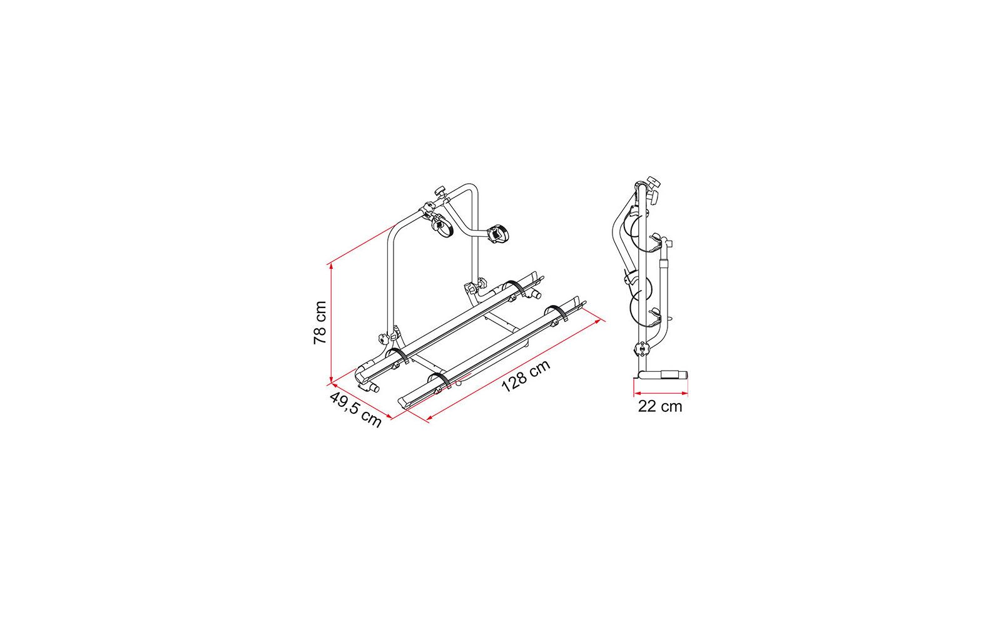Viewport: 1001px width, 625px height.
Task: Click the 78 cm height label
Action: pyautogui.click(x=320, y=322)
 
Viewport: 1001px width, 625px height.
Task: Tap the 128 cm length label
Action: pyautogui.click(x=526, y=376)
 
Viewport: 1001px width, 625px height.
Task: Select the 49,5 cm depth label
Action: pyautogui.click(x=356, y=410)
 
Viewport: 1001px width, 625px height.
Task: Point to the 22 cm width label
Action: pyautogui.click(x=660, y=407)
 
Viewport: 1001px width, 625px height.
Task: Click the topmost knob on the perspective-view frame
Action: pyautogui.click(x=440, y=191)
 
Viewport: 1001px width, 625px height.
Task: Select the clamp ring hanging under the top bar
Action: pyautogui.click(x=442, y=229)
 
